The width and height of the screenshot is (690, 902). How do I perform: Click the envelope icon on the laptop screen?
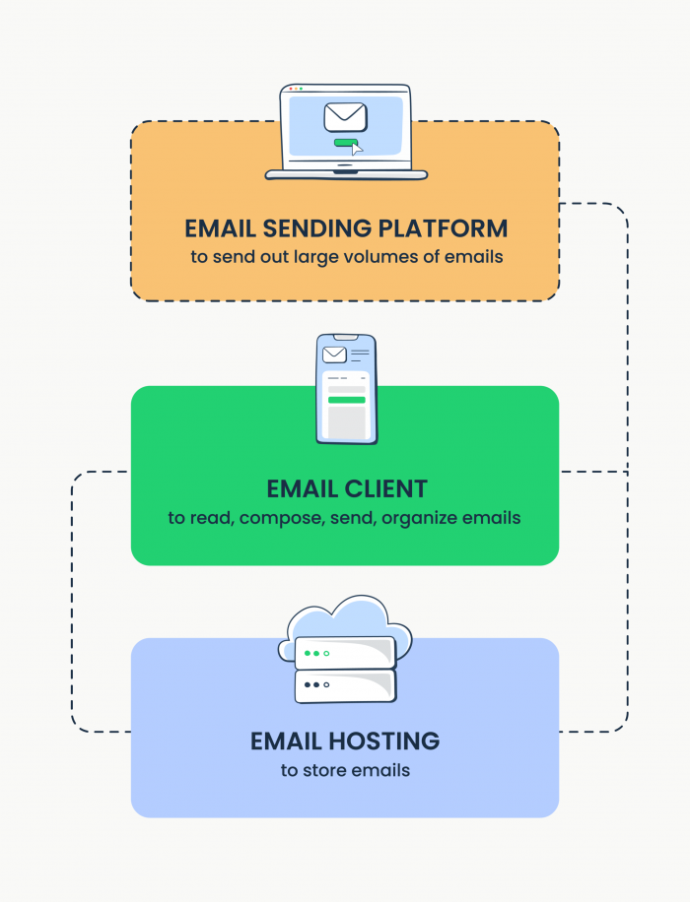345,117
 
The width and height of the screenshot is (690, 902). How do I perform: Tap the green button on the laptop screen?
345,143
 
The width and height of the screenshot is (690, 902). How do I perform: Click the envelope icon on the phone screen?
334,354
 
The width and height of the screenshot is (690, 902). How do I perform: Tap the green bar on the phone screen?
346,400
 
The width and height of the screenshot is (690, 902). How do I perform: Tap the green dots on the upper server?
315,653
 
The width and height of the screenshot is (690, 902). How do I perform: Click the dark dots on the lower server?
315,684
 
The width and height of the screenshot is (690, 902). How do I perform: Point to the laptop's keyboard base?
346,175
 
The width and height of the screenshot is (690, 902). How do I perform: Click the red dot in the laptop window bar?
290,89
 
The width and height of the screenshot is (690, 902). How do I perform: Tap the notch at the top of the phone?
346,337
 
